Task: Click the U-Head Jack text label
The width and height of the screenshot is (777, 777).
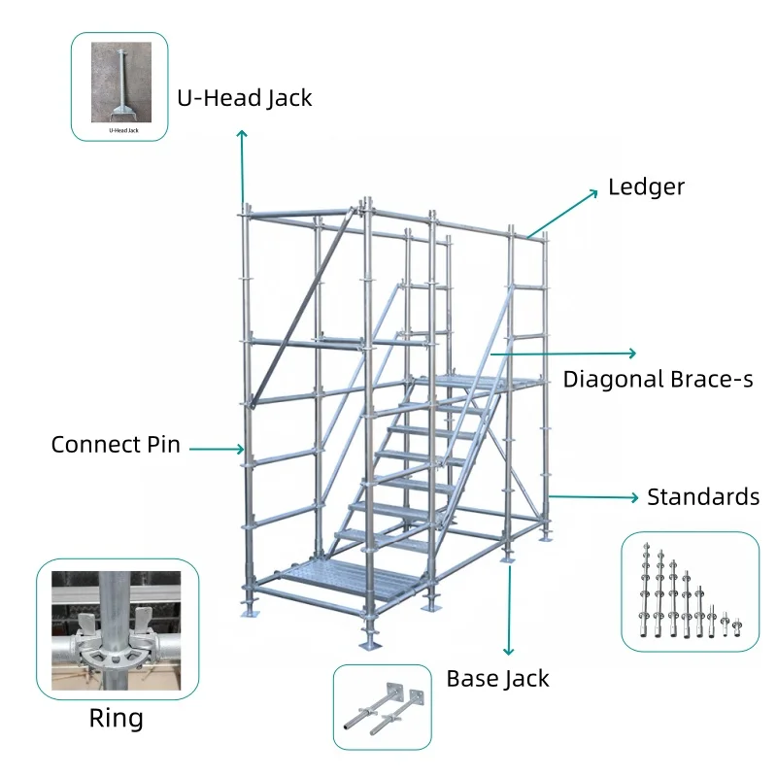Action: pos(244,98)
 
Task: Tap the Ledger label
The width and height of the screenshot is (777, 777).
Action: pos(646,186)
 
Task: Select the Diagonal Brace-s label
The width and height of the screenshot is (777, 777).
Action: pos(658,379)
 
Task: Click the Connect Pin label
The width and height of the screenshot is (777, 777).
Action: pos(116,445)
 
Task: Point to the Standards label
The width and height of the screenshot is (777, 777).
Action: pos(702,497)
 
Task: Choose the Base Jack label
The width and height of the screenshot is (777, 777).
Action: pos(497,678)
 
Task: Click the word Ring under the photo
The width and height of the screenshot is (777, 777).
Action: pos(116,719)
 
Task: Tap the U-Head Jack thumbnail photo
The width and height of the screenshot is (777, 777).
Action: pos(119,86)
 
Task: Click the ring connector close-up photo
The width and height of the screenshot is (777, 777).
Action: pos(117,629)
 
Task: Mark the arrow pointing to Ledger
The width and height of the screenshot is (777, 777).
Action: pos(563,211)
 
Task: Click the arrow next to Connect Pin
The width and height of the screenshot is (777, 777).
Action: pos(217,448)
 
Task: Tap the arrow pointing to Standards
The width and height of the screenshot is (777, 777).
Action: pos(592,496)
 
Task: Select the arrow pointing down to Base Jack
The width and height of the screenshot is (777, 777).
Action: pos(506,612)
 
